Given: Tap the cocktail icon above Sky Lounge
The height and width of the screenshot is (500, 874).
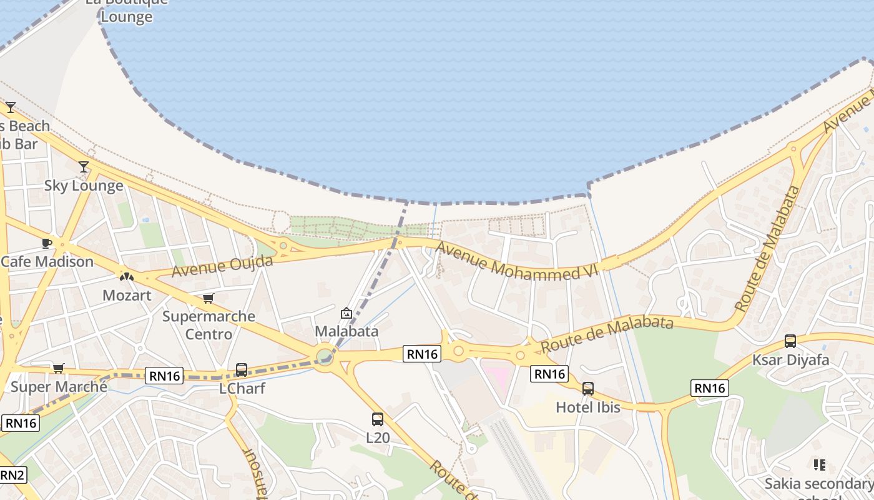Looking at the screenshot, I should click(x=84, y=167).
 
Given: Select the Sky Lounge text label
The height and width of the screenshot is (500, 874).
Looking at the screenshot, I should click(x=84, y=186).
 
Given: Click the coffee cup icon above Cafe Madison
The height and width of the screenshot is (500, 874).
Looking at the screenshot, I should click(x=46, y=243).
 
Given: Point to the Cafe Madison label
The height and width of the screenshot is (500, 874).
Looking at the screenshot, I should click(x=47, y=261).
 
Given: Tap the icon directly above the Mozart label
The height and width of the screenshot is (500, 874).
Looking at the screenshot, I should click(x=126, y=276).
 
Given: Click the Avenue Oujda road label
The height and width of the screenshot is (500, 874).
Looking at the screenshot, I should click(x=222, y=266).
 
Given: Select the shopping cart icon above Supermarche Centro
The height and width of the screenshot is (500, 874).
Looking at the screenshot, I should click(x=208, y=299).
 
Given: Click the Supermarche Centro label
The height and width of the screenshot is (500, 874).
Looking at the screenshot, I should click(x=209, y=325).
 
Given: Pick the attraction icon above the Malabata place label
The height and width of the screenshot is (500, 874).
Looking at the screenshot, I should click(x=346, y=313).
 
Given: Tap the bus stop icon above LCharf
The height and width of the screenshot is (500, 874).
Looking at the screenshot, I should click(x=242, y=370).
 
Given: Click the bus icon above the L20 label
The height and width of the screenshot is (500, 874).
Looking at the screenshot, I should click(x=378, y=419).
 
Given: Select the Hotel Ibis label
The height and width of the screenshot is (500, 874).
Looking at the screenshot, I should click(x=588, y=407).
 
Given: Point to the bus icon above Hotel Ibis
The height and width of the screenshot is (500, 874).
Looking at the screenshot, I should click(x=587, y=389).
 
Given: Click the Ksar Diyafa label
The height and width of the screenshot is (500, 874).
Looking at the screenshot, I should click(x=790, y=360).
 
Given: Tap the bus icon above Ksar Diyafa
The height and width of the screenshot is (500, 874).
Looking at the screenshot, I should click(x=790, y=341).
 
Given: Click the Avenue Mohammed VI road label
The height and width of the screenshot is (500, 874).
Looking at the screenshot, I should click(x=517, y=261).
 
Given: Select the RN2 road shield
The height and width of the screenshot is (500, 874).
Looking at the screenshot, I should click(x=12, y=475).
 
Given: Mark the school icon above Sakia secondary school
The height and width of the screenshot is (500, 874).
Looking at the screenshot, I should click(x=820, y=465).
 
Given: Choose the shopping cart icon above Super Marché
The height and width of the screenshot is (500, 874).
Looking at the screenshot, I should click(x=58, y=369).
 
